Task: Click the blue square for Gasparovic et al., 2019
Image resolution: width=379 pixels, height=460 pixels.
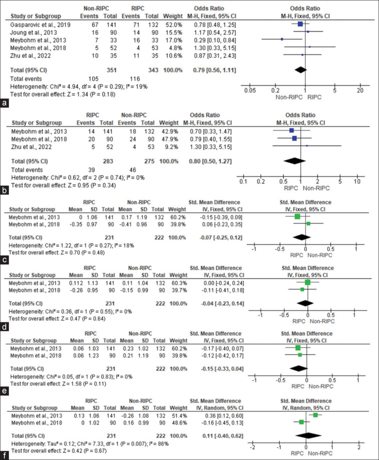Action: click(300, 23)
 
